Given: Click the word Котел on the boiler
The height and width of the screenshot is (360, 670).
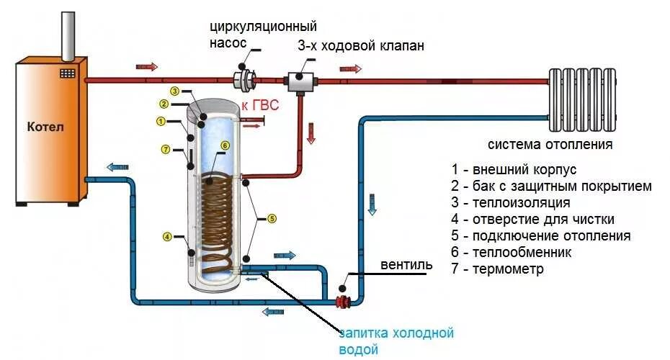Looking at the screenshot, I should click(46, 127).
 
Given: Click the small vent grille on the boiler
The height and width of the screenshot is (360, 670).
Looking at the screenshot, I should click(68, 73).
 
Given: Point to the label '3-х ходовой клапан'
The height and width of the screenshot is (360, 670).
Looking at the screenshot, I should click(361, 46).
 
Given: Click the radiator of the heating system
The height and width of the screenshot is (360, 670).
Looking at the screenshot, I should click(583, 99).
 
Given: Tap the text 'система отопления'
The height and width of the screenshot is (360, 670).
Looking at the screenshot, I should click(550, 144).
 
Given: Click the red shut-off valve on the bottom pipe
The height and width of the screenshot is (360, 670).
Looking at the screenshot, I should click(344, 301).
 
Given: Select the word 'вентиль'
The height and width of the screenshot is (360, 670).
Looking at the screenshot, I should click(407, 264).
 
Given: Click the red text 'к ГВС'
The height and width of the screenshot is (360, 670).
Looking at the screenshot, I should click(259, 107).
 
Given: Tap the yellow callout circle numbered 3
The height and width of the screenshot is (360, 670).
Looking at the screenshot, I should click(174, 91).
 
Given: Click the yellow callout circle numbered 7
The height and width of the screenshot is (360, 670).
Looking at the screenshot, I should click(165, 150).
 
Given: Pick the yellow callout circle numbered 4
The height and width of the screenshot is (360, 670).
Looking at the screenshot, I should click(166, 236).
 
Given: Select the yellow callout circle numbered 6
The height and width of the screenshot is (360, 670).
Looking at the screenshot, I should click(225, 145).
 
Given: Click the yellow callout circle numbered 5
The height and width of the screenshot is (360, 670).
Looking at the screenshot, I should click(271, 217).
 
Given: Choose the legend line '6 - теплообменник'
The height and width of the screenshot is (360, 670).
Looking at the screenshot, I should click(512, 253).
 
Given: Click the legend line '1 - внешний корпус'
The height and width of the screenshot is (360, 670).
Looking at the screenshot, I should click(514, 170).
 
